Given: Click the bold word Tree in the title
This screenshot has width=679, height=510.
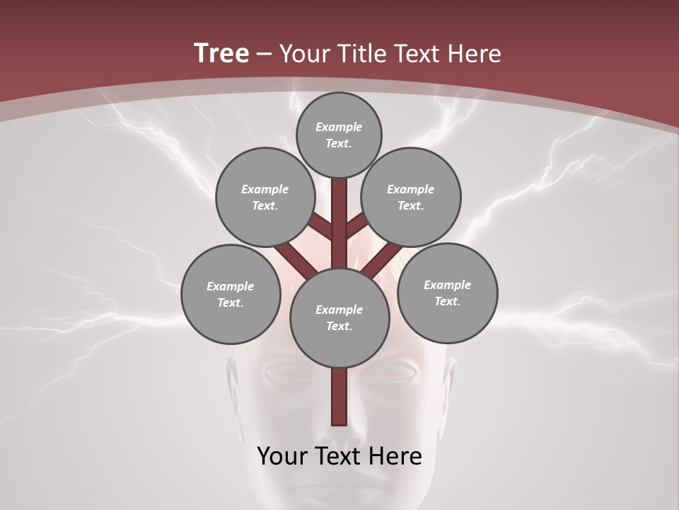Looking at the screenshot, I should (221, 54).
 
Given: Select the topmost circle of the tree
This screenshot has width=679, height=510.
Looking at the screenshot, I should (339, 135).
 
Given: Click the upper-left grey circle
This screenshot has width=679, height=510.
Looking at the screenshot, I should (265, 197).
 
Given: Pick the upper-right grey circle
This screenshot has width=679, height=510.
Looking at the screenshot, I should (411, 197).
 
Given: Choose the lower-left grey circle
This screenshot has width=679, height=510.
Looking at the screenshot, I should (231, 294).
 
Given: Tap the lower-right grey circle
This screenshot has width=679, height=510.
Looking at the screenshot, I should (447, 293).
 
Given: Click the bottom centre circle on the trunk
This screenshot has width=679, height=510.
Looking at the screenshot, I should (339, 317).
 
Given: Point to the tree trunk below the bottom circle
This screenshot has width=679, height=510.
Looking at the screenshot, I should (339, 397).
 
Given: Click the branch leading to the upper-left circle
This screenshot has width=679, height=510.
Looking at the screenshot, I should (323, 226).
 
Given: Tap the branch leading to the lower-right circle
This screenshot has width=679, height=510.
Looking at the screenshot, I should (382, 259).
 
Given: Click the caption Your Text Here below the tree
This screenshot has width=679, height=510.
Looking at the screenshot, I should (339, 456).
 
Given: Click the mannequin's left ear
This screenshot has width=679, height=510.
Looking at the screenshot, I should (231, 375).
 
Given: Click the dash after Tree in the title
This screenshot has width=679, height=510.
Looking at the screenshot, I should (265, 54).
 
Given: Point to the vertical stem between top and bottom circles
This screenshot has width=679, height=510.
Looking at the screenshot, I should (339, 212).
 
